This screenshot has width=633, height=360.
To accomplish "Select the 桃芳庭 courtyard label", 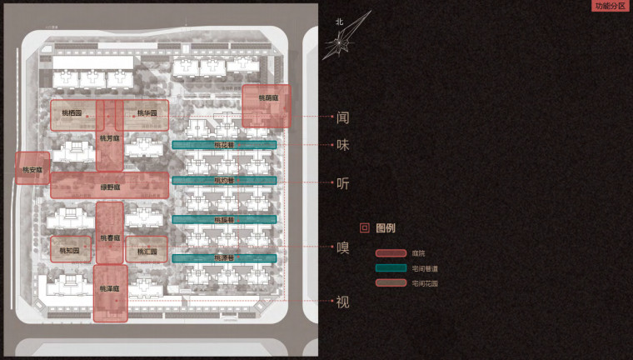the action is pyautogui.click(x=109, y=137).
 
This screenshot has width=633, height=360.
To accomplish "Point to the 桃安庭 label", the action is pyautogui.click(x=32, y=171).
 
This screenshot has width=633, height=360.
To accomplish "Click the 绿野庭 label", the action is pyautogui.click(x=110, y=187).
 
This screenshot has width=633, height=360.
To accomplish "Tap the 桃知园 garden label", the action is pyautogui.click(x=70, y=250).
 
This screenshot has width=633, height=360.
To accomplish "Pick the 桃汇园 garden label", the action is pyautogui.click(x=147, y=250).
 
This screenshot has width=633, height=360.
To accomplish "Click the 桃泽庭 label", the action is pyautogui.click(x=110, y=288).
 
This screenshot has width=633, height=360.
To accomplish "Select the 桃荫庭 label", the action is pyautogui.click(x=267, y=98).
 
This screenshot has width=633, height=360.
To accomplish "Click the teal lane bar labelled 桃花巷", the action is pyautogui.click(x=224, y=145).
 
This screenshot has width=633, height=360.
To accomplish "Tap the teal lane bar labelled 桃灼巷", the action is pyautogui.click(x=224, y=180).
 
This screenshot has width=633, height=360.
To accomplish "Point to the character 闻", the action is pyautogui.click(x=342, y=118).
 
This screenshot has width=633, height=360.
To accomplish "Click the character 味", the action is pyautogui.click(x=342, y=145).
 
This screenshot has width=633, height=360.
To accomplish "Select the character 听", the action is pyautogui.click(x=342, y=183).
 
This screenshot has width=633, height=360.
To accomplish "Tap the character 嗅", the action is pyautogui.click(x=342, y=247).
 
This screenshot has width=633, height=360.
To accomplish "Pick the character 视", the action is pyautogui.click(x=342, y=302).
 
